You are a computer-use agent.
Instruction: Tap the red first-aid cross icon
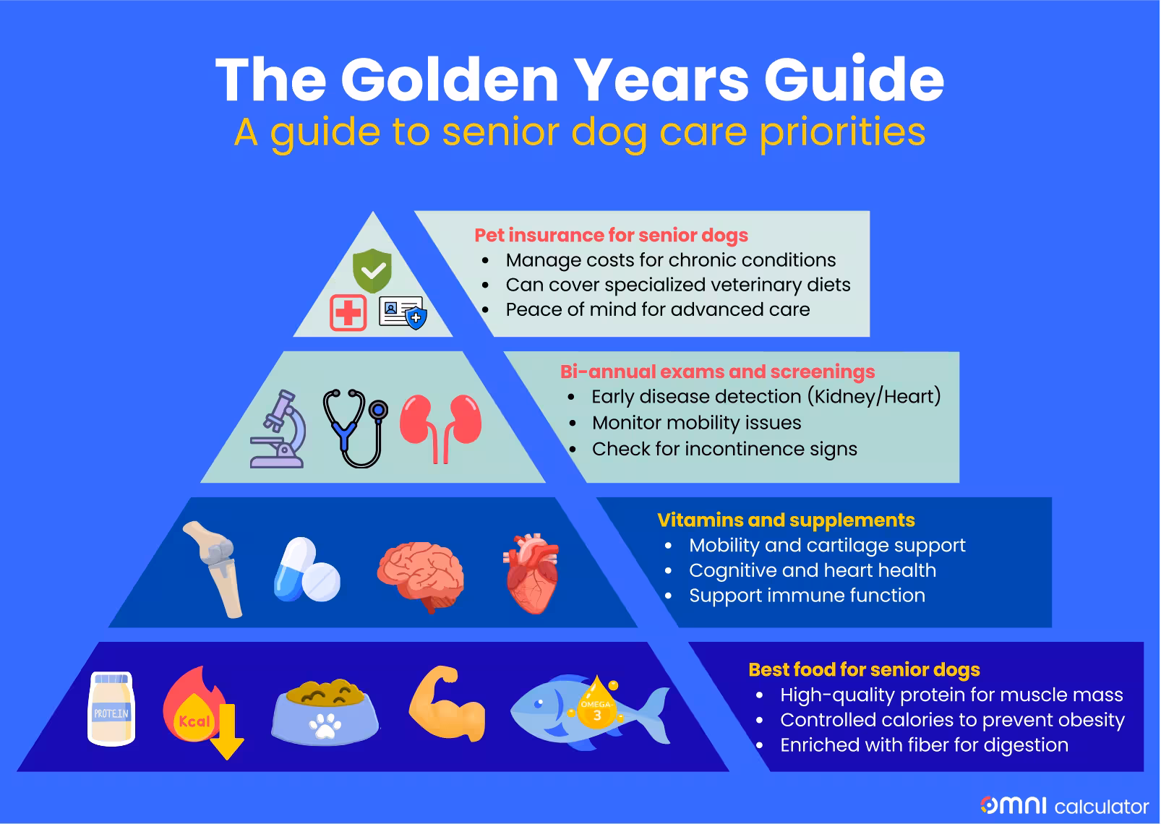coord(348,313)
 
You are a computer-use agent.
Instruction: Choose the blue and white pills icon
coord(306,570)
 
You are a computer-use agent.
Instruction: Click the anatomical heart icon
coord(531,573)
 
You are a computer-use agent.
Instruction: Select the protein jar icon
coord(111,708)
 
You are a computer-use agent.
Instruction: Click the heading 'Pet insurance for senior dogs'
coord(611,235)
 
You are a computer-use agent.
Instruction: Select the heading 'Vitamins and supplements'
coord(786,520)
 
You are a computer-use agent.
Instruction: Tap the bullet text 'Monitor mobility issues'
coord(696,423)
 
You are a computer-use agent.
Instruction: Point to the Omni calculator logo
coord(1064,805)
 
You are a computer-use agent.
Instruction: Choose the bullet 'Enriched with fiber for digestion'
coord(924,745)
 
